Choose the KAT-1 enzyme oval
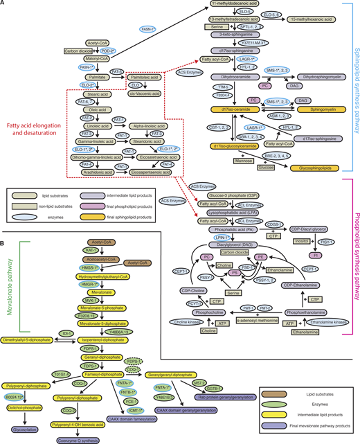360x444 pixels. (90, 248)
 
